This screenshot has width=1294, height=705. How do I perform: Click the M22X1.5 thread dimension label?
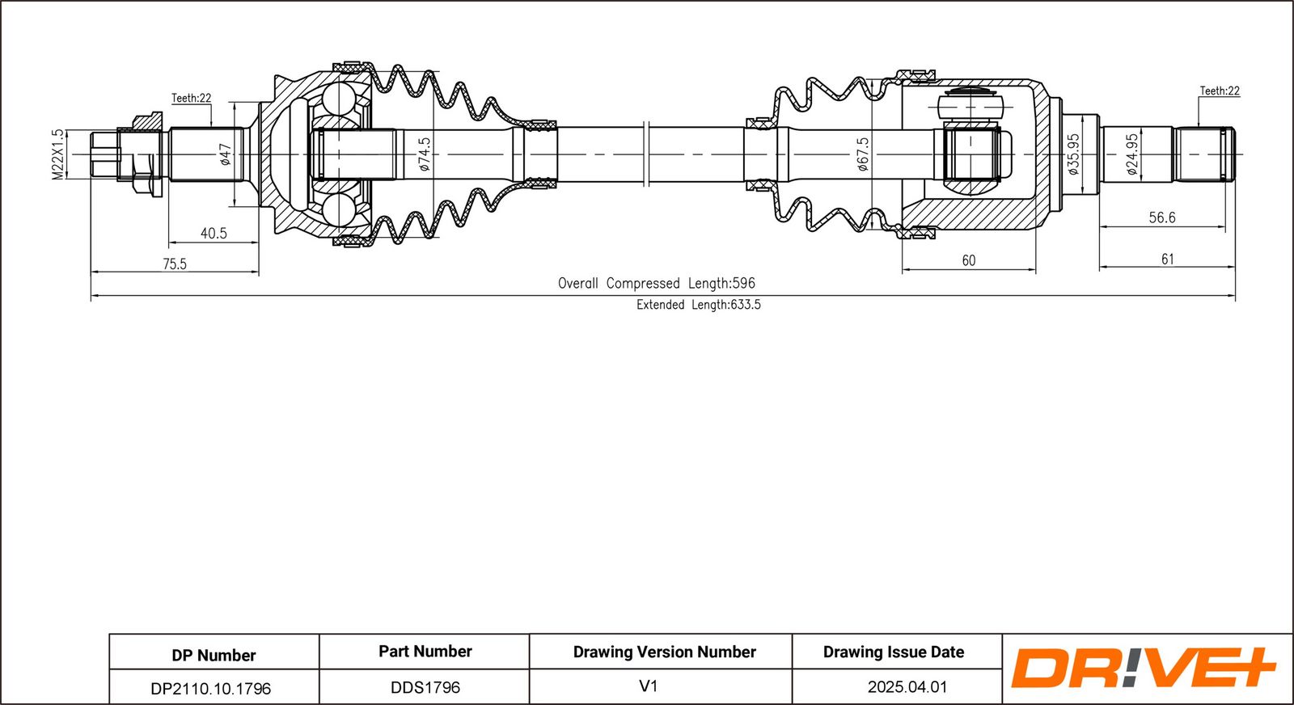[57, 154]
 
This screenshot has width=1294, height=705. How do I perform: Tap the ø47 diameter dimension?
[226, 154]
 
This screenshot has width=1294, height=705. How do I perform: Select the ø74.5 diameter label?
[425, 154]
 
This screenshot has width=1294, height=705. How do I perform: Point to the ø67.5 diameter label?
[863, 154]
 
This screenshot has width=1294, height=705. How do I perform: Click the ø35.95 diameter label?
[1073, 154]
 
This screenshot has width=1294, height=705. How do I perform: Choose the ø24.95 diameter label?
[1132, 154]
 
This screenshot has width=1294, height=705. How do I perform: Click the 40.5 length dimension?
[214, 234]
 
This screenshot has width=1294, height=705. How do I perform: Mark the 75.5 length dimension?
[175, 264]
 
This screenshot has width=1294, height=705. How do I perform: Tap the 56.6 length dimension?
[1162, 217]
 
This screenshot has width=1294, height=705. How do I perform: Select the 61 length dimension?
[1167, 260]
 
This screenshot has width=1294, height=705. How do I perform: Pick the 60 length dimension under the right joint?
[969, 260]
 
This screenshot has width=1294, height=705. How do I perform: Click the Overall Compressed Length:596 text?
[656, 284]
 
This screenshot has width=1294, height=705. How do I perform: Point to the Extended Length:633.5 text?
[698, 305]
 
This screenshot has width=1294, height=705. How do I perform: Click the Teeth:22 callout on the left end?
[191, 98]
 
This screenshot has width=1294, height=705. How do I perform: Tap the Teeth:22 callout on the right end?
[1220, 91]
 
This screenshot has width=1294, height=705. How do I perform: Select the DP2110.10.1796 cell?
[211, 689]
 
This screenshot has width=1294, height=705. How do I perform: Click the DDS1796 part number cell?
[425, 687]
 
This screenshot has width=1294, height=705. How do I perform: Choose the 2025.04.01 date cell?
[907, 687]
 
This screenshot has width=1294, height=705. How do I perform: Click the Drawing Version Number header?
[664, 652]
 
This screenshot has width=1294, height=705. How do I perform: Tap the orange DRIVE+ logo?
[1142, 669]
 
